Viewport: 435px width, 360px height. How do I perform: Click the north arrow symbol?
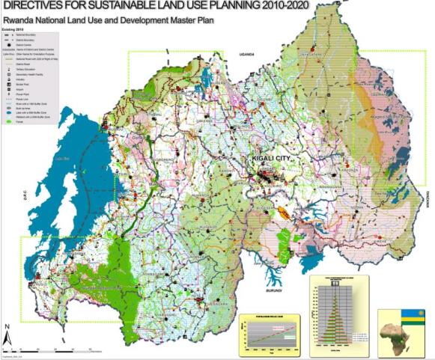7,331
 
